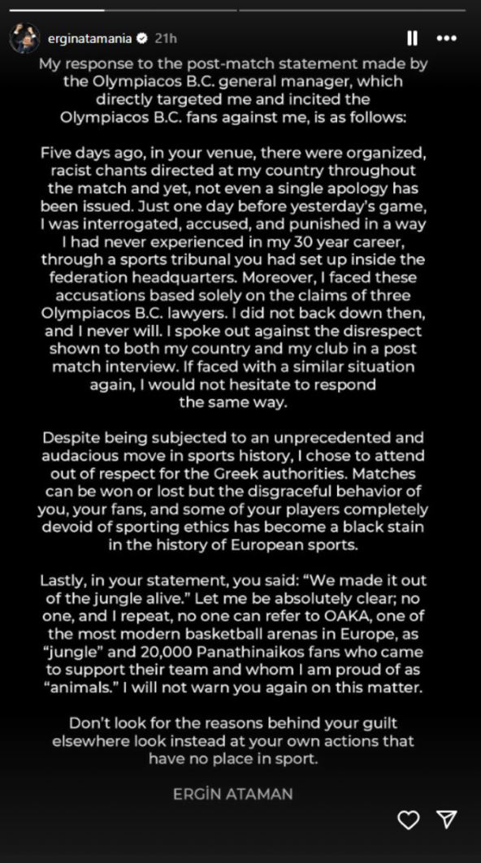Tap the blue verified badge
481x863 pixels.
142,38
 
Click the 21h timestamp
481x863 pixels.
166,38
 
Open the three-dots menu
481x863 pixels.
446,38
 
